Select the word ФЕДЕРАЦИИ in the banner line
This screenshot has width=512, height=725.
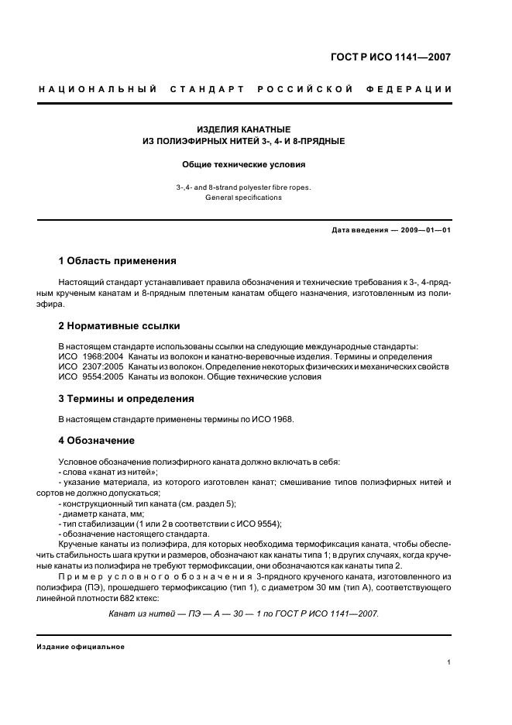coord(413,89)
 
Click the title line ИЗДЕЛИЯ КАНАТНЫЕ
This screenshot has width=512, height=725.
coord(243,129)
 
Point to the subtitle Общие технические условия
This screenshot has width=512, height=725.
coord(243,164)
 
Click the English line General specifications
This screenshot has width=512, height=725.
coord(243,198)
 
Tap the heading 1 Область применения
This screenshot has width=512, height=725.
coord(117,261)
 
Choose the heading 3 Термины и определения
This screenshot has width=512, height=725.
coord(125,399)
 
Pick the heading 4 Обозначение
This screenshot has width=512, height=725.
coord(97,441)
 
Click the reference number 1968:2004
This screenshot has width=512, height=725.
coord(102,356)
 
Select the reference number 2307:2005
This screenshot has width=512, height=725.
coord(102,367)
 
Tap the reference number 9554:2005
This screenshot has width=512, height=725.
coord(102,377)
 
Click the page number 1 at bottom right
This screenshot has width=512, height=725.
coord(449,663)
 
